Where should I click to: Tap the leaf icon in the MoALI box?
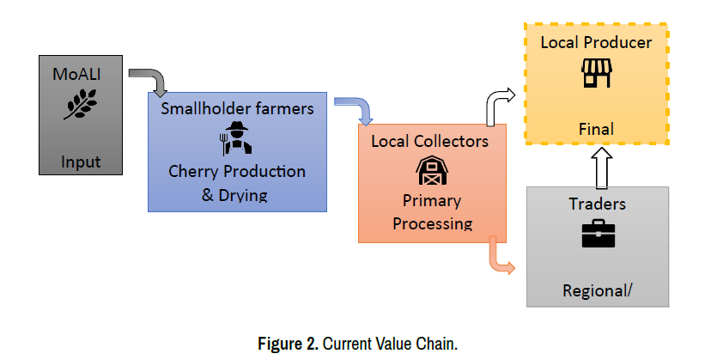pyautogui.click(x=80, y=105)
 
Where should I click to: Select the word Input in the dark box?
pyautogui.click(x=80, y=162)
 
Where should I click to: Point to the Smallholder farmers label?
pyautogui.click(x=237, y=109)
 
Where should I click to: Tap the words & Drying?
pyautogui.click(x=234, y=194)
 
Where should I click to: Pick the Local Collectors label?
pyautogui.click(x=429, y=141)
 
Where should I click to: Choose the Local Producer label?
pyautogui.click(x=596, y=42)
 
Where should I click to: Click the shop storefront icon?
pyautogui.click(x=596, y=74)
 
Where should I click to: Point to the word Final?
pyautogui.click(x=596, y=130)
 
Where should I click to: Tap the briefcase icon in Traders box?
pyautogui.click(x=598, y=234)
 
